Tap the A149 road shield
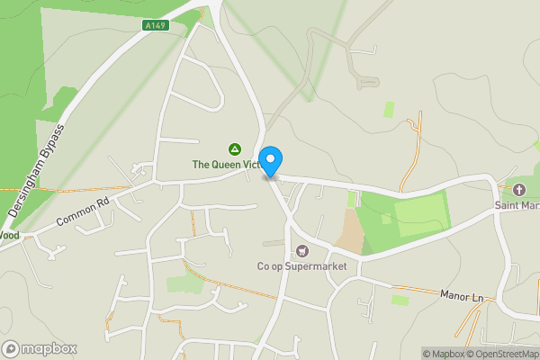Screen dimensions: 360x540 tap(154, 26)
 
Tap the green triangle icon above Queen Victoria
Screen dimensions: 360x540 tap(234, 149)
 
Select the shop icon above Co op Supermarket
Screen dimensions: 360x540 tap(301, 249)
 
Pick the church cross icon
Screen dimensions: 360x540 tap(518, 190)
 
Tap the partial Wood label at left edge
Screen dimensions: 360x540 tap(8, 235)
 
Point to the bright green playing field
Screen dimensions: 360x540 tap(419, 215)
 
